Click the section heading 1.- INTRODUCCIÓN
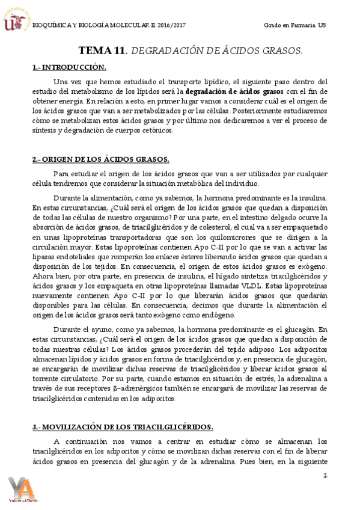point(69,67)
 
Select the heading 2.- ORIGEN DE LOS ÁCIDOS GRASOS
point(101,159)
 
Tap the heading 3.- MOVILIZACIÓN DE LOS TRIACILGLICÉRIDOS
point(122,426)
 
